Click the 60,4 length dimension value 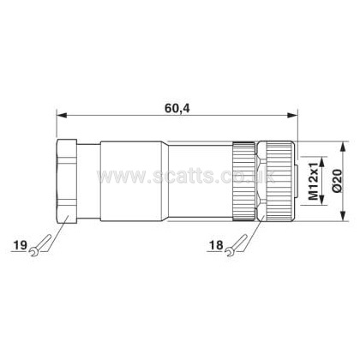[177, 108]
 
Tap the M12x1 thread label [313, 181]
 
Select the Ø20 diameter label [336, 181]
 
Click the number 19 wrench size [21, 245]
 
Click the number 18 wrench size [216, 245]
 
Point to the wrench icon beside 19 [40, 245]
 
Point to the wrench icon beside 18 [237, 245]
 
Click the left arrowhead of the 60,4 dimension [62, 115]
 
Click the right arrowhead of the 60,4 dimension [292, 115]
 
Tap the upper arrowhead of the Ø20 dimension [344, 147]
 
